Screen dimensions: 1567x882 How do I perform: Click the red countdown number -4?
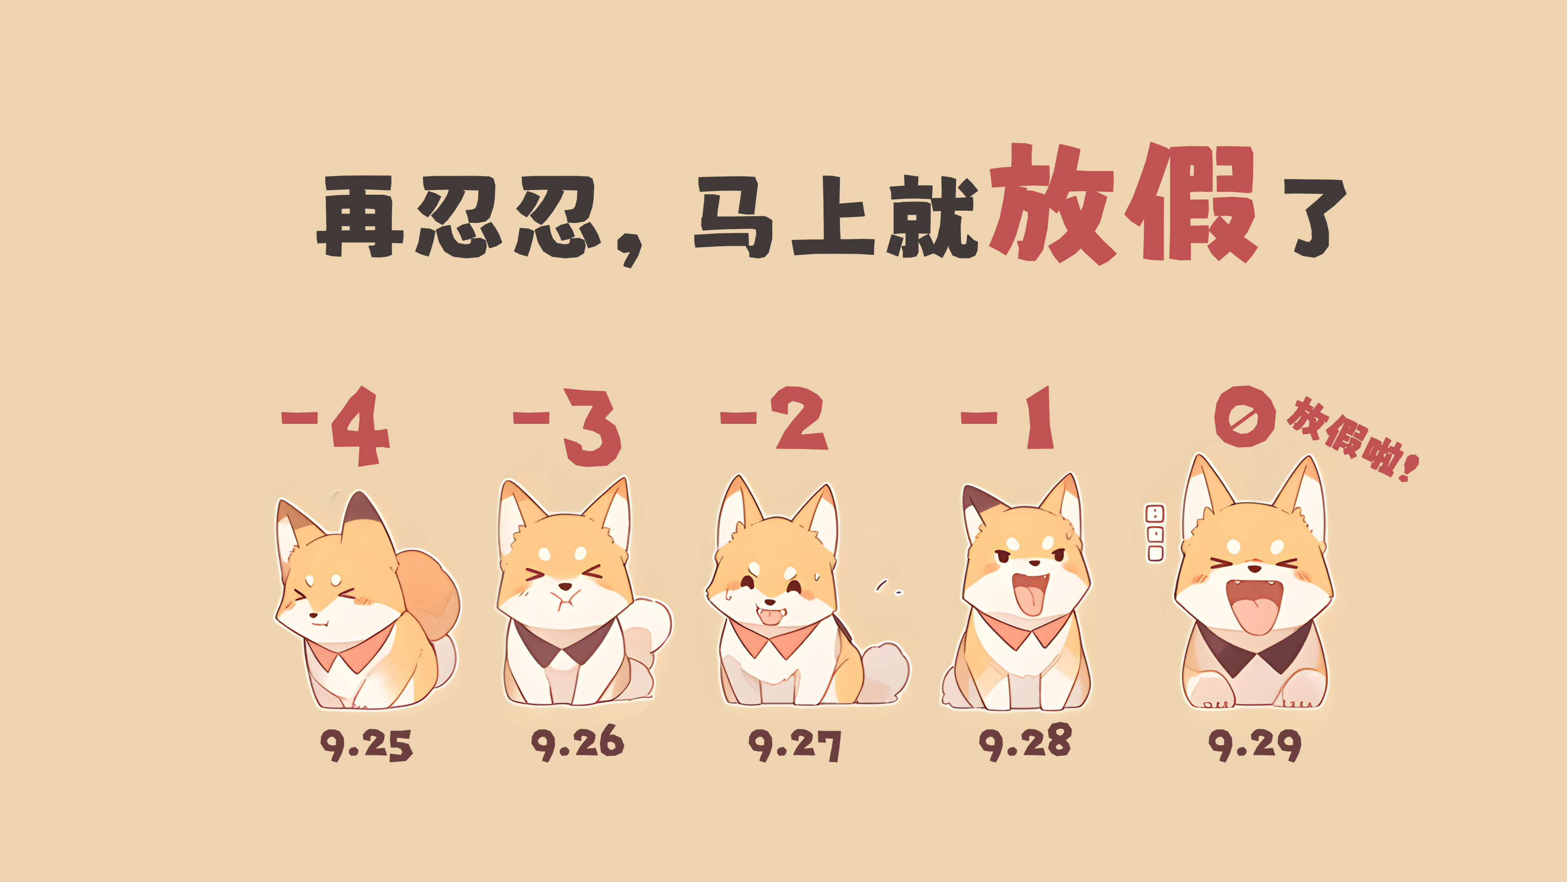[x=335, y=425]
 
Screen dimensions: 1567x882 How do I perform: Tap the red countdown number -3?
[x=567, y=427]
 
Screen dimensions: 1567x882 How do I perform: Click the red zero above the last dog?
[x=1245, y=416]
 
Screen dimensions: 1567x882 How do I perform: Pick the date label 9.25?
[x=366, y=745]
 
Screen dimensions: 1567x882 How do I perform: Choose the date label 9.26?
[x=578, y=743]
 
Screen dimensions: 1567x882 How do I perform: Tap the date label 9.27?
[x=795, y=745]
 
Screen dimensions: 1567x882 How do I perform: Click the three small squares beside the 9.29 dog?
[x=1154, y=533]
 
